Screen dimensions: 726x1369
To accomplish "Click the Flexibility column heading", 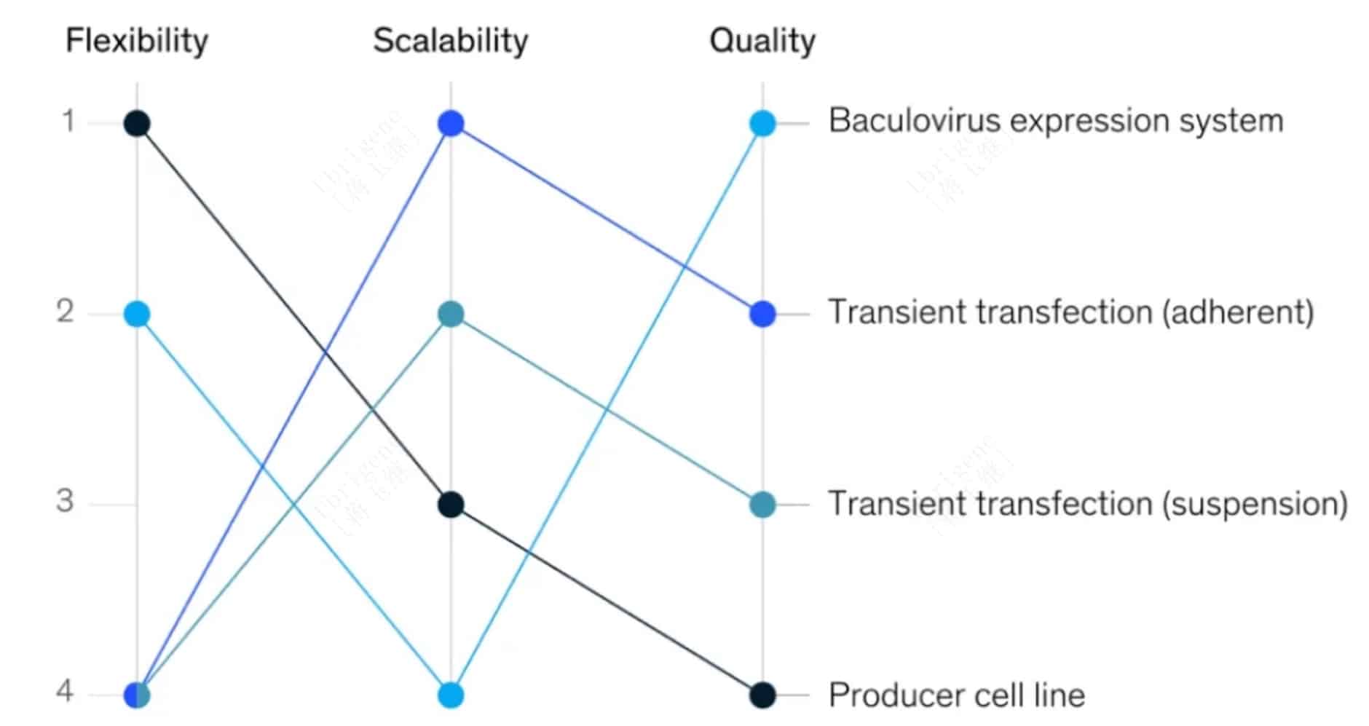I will pyautogui.click(x=137, y=41).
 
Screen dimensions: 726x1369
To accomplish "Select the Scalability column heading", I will pyautogui.click(x=450, y=41).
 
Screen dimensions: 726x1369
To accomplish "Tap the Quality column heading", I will pyautogui.click(x=762, y=41).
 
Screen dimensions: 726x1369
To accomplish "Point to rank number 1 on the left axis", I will pyautogui.click(x=68, y=121).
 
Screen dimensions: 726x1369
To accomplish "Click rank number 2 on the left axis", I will pyautogui.click(x=66, y=312).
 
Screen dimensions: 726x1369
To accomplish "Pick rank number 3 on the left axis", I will pyautogui.click(x=66, y=502).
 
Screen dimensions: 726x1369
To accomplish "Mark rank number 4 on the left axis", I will pyautogui.click(x=66, y=692).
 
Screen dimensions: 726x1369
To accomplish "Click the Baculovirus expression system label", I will pyautogui.click(x=1055, y=121).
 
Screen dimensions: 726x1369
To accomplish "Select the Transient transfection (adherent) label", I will pyautogui.click(x=1070, y=312).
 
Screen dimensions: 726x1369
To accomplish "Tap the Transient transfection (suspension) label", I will pyautogui.click(x=1088, y=503).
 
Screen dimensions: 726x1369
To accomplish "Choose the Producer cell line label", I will pyautogui.click(x=956, y=695).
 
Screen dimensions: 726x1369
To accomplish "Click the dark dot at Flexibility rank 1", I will pyautogui.click(x=137, y=124).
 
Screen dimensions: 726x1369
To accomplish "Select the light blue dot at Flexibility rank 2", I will pyautogui.click(x=137, y=314).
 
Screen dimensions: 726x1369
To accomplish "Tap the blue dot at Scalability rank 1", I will pyautogui.click(x=451, y=124).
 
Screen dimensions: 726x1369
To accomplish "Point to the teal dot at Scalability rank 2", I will pyautogui.click(x=451, y=315).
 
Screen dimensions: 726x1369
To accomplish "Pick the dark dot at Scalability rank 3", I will pyautogui.click(x=451, y=504).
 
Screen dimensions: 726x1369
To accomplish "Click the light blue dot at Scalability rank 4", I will pyautogui.click(x=451, y=695).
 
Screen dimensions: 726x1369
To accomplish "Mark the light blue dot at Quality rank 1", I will pyautogui.click(x=762, y=123).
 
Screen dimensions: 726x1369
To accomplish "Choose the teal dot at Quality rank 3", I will pyautogui.click(x=762, y=504).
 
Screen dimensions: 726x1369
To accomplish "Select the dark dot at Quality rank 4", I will pyautogui.click(x=762, y=695).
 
